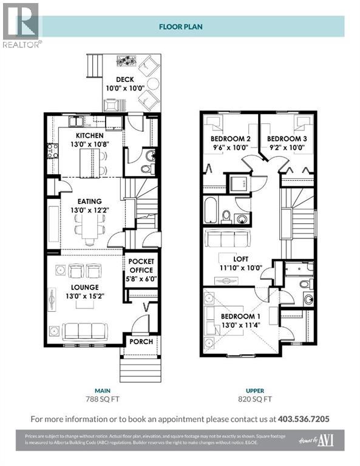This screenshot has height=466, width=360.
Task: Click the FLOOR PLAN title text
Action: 181,27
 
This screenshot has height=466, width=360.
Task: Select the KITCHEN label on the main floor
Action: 89,135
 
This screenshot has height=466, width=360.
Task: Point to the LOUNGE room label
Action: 84,287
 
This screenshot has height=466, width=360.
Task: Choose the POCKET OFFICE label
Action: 141,265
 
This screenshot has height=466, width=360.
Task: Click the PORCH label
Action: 141,342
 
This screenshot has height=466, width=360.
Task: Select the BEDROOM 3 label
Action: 287,139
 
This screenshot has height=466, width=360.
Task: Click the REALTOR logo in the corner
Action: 21,25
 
